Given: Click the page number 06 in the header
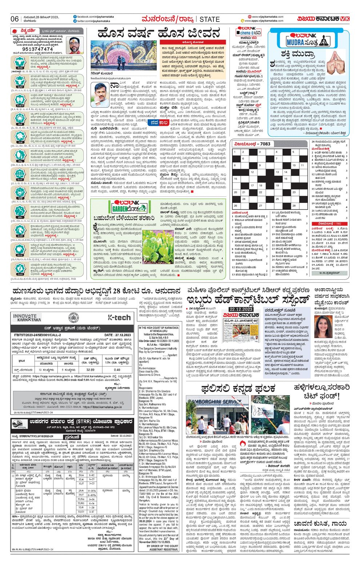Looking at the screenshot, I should pos(15,19).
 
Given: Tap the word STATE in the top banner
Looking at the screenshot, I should pos(209,19).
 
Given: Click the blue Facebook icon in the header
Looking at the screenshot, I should pos(75,17).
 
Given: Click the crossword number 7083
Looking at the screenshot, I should pos(265,144).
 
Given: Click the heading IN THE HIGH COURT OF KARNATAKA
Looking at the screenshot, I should pos(159,328).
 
